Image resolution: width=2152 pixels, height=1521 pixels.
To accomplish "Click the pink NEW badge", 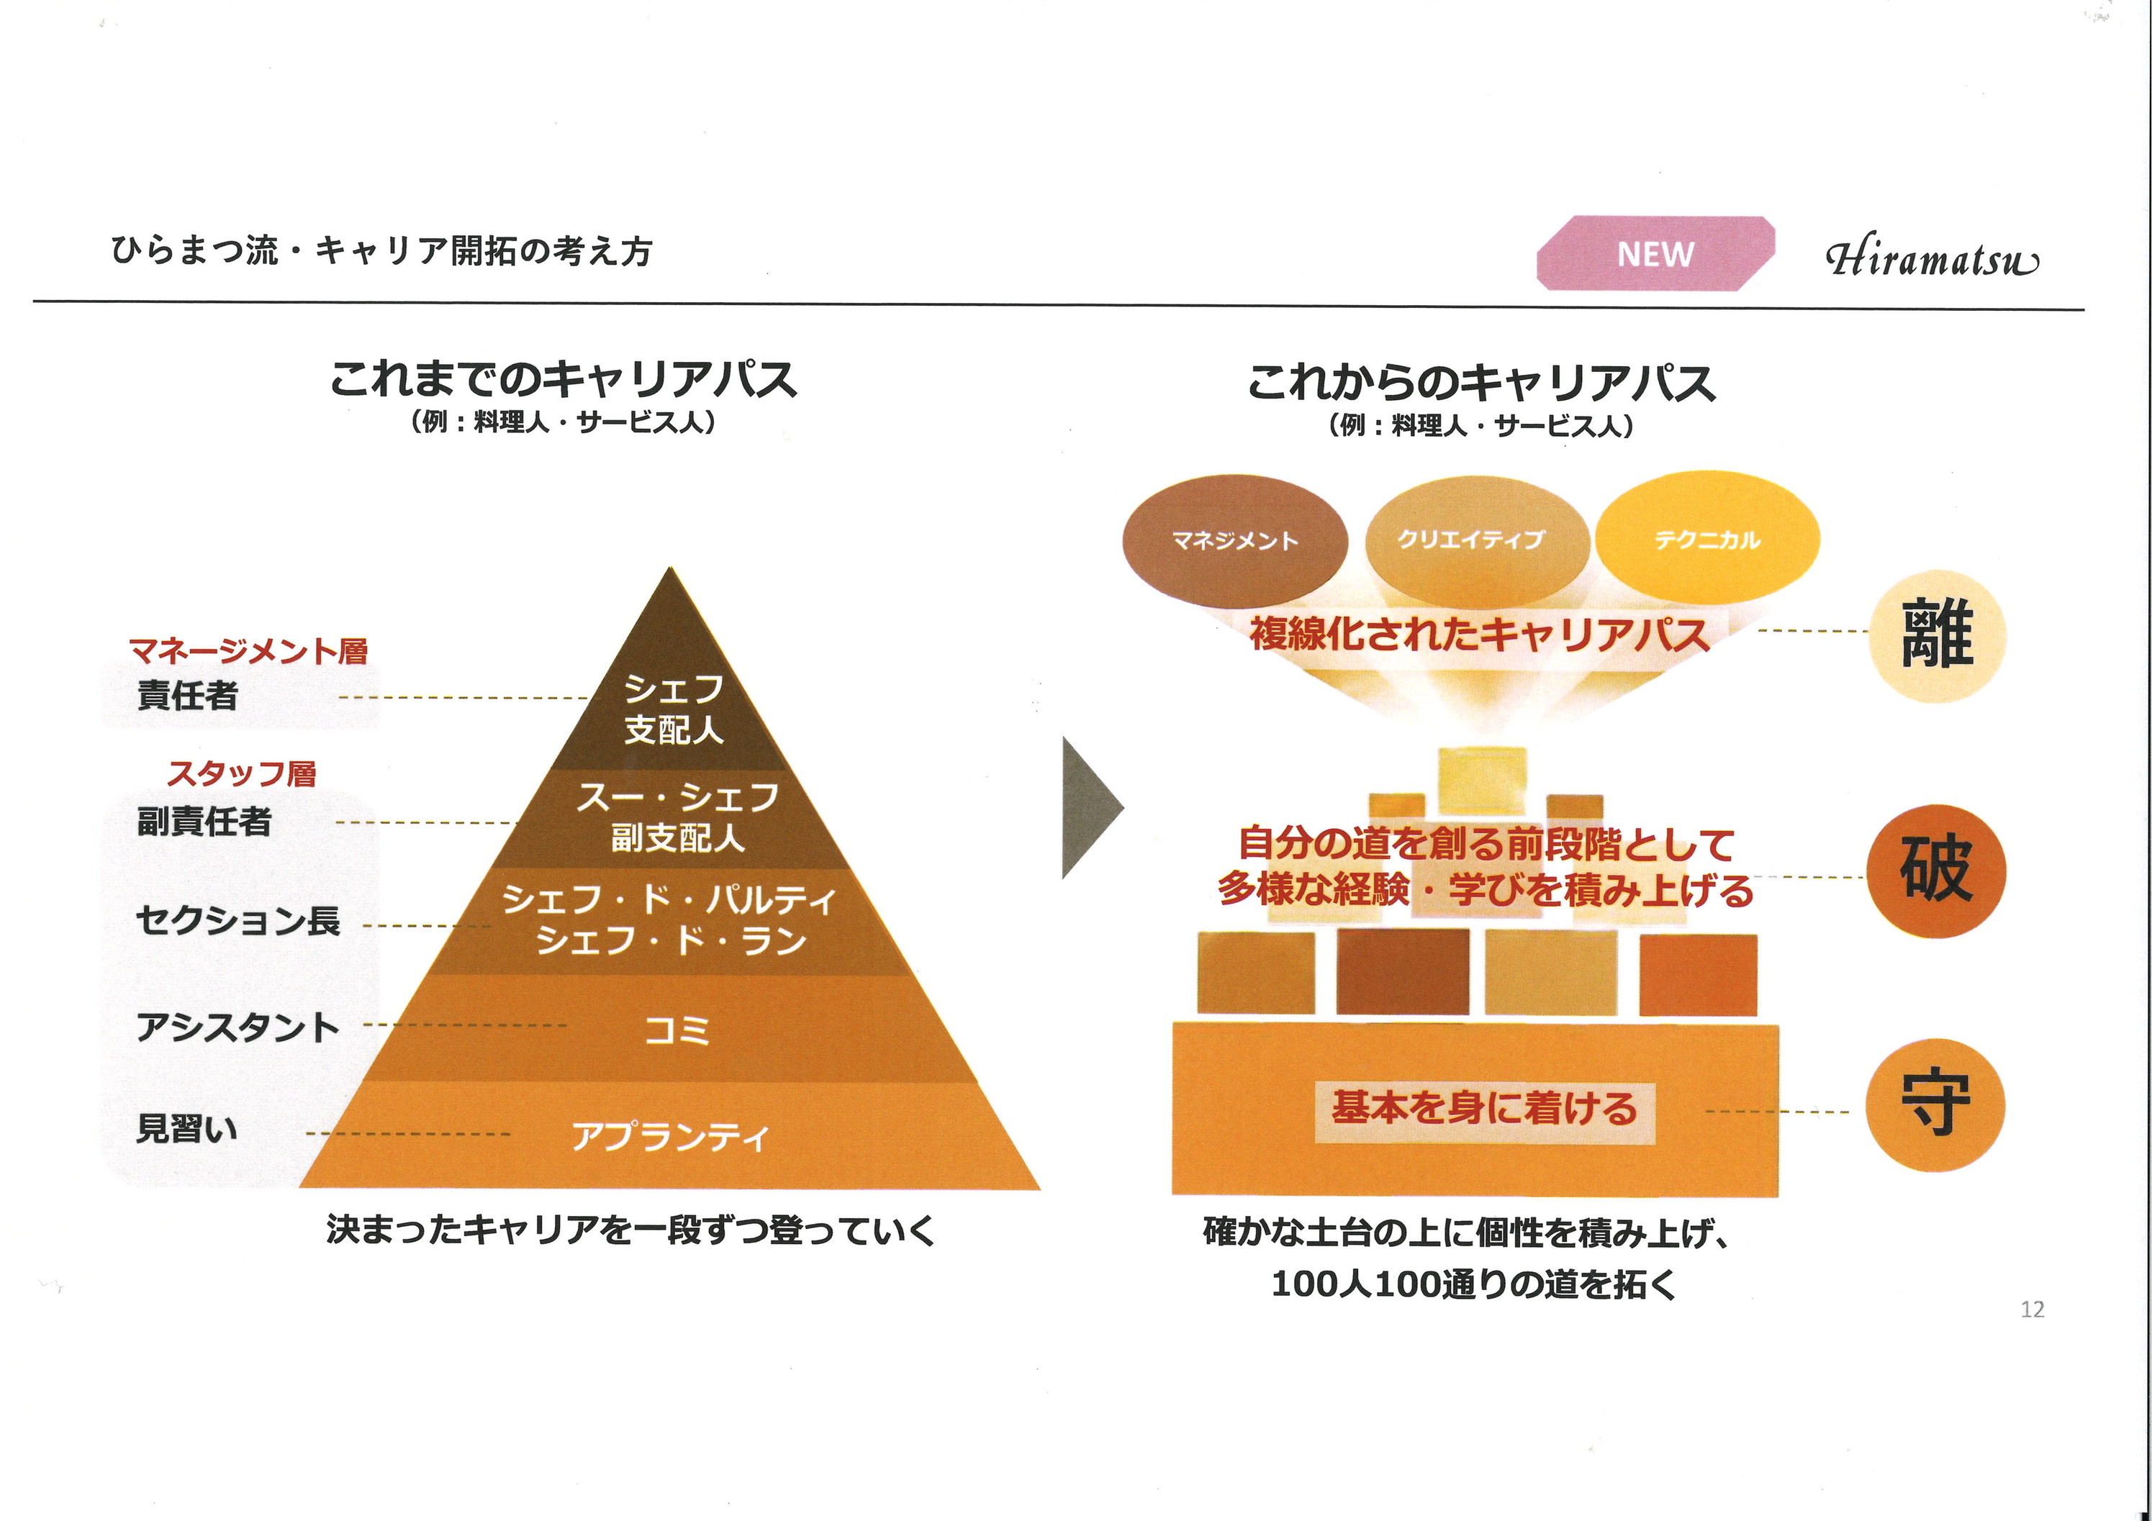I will coord(1655,253).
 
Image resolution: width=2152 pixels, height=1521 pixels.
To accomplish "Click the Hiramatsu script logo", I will coord(1931,258).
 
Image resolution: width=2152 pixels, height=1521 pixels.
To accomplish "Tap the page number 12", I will coord(2032,1309).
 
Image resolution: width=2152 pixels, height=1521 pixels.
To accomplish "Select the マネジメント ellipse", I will coord(1234,541).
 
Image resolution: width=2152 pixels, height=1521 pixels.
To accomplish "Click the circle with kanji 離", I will coord(1936,635).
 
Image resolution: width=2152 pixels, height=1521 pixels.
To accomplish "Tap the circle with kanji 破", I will coord(1935,870).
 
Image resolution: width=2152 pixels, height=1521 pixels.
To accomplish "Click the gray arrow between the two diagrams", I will coord(1089,808).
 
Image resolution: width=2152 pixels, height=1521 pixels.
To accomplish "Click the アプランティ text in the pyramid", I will coord(671,1137).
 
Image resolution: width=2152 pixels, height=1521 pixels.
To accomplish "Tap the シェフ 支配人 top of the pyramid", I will coord(673,709).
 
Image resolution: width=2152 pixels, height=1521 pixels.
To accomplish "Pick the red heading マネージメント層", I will coord(248,650).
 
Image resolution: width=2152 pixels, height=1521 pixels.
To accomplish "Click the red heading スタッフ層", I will coord(242,774).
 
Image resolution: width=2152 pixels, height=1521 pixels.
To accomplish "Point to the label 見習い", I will coord(187,1128).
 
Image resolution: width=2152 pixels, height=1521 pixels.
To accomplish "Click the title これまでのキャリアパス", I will coord(562,380).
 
